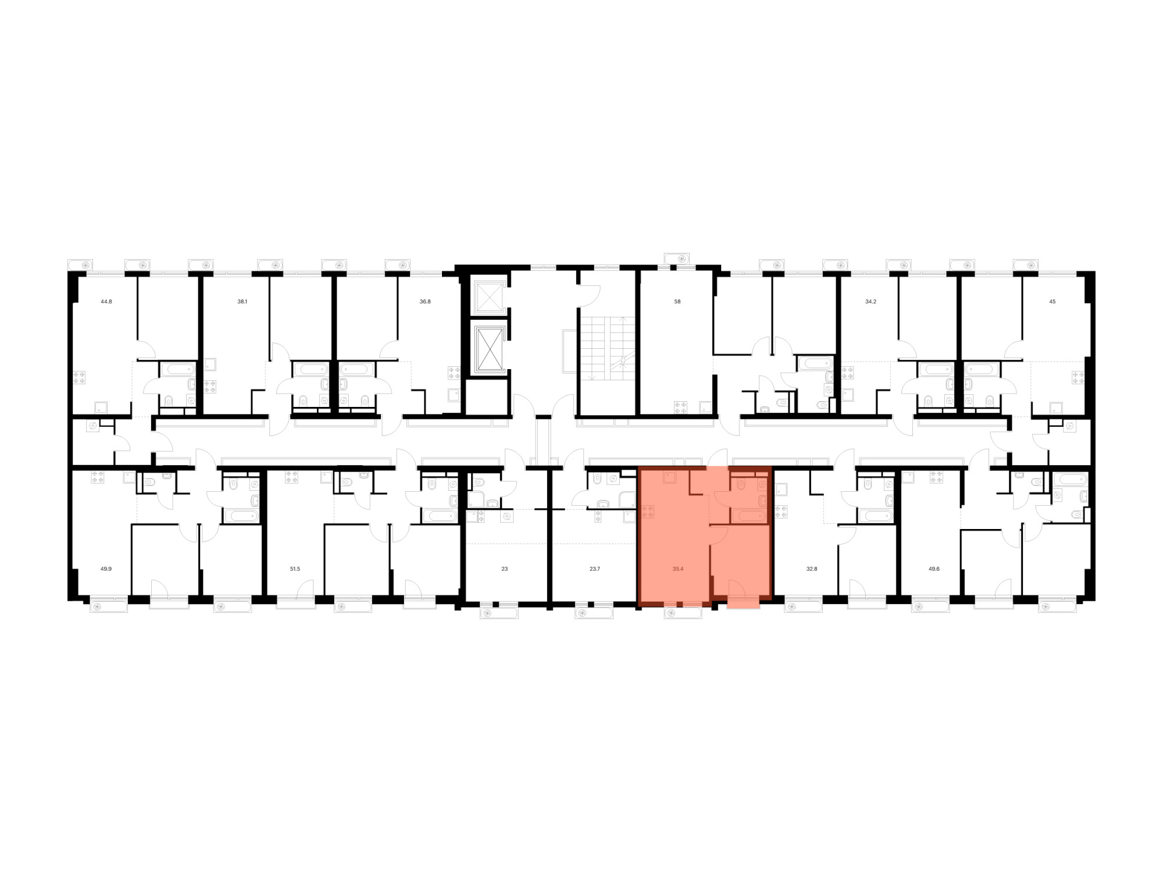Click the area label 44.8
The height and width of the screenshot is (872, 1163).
click(x=106, y=302)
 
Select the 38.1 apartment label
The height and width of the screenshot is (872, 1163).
click(x=242, y=302)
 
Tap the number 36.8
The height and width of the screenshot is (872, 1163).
click(x=425, y=302)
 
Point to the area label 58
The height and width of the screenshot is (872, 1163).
click(x=677, y=302)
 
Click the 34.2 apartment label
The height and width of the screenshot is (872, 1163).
click(x=871, y=302)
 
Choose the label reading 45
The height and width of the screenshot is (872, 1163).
click(x=1052, y=302)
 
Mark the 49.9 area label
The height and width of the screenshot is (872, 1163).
click(x=106, y=569)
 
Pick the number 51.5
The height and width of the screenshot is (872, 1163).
click(x=295, y=569)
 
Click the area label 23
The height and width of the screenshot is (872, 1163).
click(x=504, y=569)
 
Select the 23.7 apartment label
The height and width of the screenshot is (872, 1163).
click(x=594, y=569)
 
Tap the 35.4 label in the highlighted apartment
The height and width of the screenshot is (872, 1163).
click(x=677, y=569)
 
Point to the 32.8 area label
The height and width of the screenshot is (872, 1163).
click(x=812, y=569)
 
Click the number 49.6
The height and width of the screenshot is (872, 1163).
click(x=934, y=569)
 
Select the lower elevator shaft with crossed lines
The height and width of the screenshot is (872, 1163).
click(x=488, y=348)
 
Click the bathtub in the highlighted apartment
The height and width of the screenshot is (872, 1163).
click(x=749, y=516)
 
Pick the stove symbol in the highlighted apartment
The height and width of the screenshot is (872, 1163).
click(x=648, y=512)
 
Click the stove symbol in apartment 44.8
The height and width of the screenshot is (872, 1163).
click(x=79, y=377)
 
